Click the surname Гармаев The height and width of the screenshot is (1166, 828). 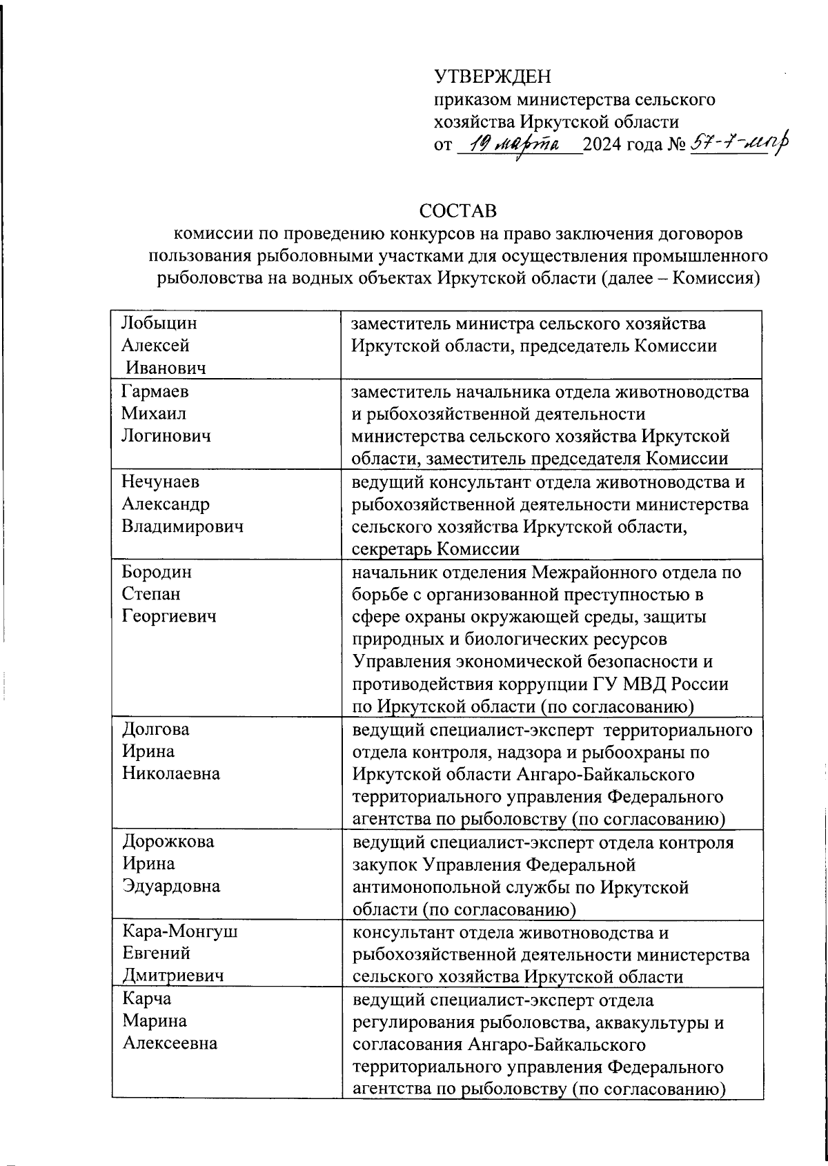pos(155,392)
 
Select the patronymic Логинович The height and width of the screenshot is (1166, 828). pos(166,436)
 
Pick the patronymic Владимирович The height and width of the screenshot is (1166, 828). pos(183,526)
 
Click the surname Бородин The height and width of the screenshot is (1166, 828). pos(157,572)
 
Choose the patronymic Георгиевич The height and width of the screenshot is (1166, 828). pos(169,616)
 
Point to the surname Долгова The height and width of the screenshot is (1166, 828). pos(155,729)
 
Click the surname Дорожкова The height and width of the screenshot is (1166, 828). pos(168,842)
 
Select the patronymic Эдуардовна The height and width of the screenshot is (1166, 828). pos(171,886)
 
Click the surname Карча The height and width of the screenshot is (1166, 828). pos(146,999)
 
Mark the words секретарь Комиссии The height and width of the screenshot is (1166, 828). pos(435,549)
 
